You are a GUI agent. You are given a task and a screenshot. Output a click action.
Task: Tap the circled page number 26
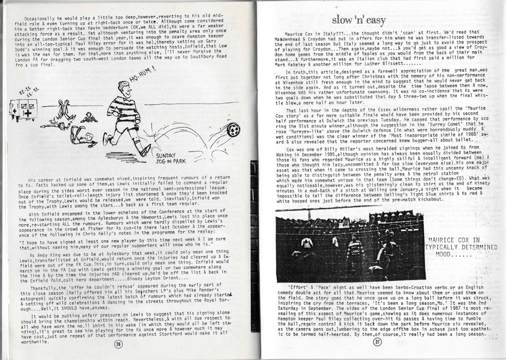(118, 345)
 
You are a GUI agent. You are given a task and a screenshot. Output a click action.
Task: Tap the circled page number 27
(378, 343)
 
